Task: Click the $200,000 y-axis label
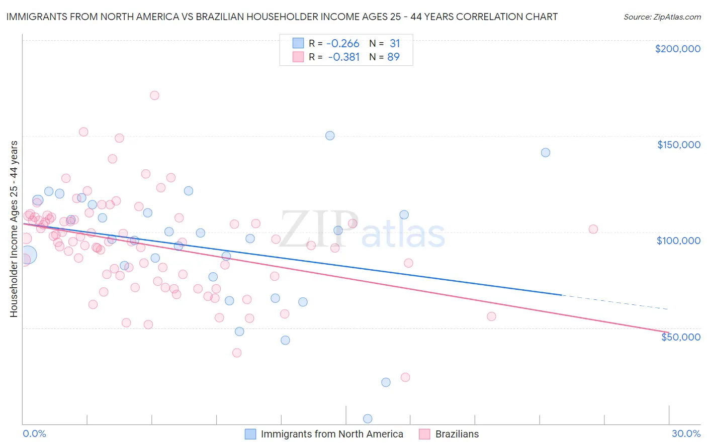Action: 677,49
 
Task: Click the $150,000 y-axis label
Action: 678,145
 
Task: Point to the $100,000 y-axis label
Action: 678,241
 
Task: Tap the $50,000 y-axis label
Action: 680,337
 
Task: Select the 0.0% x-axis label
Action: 34,433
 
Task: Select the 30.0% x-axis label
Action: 686,433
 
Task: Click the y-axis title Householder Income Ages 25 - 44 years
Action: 14,229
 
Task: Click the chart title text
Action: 282,17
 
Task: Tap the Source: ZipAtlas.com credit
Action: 662,17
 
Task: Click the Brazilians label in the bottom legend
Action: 457,434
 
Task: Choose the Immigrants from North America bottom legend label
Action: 332,434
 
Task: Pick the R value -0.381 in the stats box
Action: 344,57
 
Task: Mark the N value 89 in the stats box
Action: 393,57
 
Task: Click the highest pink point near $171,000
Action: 154,95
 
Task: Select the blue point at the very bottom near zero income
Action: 368,419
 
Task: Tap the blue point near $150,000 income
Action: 330,136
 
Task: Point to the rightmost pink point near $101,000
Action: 593,229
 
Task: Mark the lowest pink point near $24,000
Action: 405,377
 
